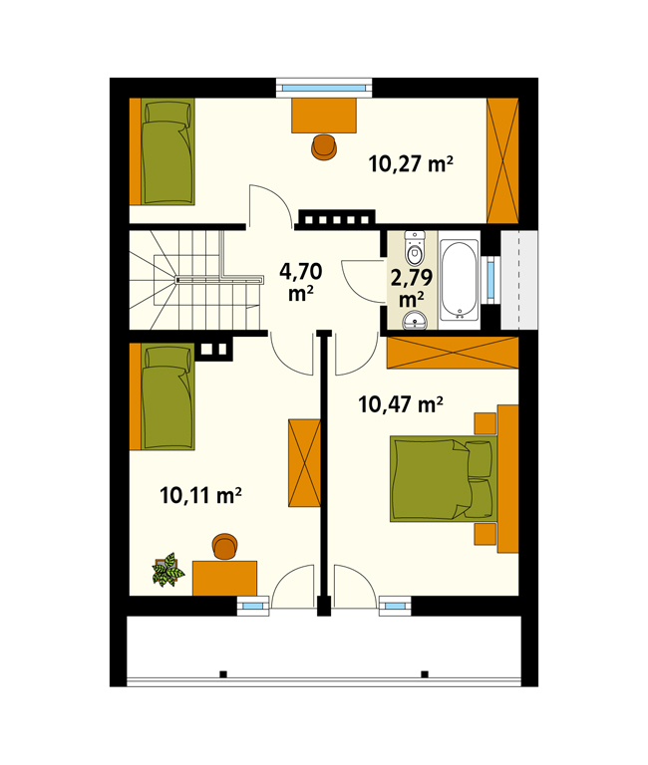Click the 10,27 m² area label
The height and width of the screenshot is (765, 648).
point(411,163)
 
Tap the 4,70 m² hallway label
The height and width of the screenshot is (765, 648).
point(301,282)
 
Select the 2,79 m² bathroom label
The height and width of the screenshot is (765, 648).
point(412,288)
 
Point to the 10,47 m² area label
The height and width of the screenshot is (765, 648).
point(401,404)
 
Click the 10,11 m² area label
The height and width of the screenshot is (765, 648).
point(200,495)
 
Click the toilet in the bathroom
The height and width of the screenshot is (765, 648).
point(415,248)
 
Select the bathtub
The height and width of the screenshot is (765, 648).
point(459,280)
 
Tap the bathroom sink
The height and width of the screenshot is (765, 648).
point(415,320)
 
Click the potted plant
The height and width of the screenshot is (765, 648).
point(168,570)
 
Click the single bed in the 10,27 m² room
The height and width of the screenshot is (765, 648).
point(168,151)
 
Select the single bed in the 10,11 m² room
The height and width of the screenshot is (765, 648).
point(168,396)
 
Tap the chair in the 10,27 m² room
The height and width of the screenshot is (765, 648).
point(324,146)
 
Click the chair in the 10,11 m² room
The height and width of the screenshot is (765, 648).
point(225,547)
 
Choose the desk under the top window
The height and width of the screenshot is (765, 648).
point(324,116)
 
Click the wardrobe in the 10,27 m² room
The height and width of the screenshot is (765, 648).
point(502,161)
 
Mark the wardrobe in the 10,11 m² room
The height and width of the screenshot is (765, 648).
point(304,463)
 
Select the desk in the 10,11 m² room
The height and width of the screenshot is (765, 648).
point(224,578)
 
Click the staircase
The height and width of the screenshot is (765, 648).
point(195,280)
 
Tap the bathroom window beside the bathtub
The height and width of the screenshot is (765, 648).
point(490,280)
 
